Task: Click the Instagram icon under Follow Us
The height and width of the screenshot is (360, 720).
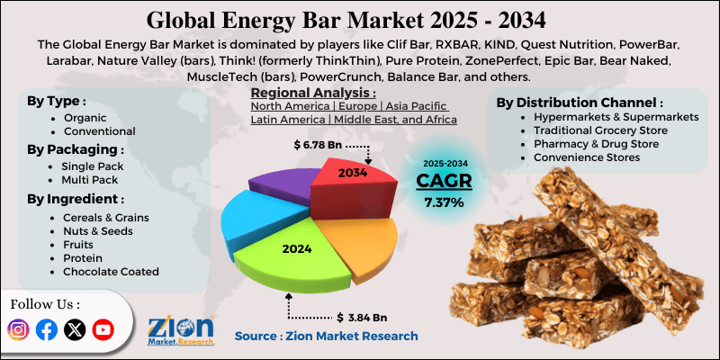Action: pyautogui.click(x=19, y=330)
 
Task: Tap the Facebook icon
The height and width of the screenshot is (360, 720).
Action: pyautogui.click(x=47, y=330)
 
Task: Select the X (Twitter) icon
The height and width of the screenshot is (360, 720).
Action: pyautogui.click(x=76, y=330)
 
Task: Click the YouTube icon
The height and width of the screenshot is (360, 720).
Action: pyautogui.click(x=103, y=330)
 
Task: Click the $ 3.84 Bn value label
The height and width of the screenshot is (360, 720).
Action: pyautogui.click(x=361, y=317)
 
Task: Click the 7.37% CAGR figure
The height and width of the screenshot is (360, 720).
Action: pyautogui.click(x=444, y=203)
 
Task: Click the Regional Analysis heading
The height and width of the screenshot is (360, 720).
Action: pyautogui.click(x=312, y=93)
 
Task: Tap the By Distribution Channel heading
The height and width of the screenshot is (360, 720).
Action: pyautogui.click(x=580, y=103)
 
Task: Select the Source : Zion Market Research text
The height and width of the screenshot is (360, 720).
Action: pyautogui.click(x=326, y=336)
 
